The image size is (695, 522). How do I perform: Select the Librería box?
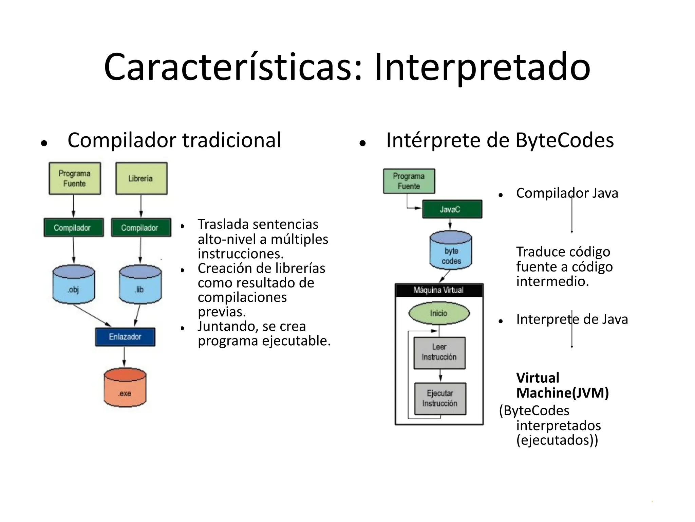pyautogui.click(x=141, y=178)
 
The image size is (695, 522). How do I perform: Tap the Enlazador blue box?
pyautogui.click(x=125, y=337)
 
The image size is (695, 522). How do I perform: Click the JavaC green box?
pyautogui.click(x=452, y=209)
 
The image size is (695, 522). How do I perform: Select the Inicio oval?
pyautogui.click(x=439, y=313)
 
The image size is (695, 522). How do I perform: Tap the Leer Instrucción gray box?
pyautogui.click(x=439, y=353)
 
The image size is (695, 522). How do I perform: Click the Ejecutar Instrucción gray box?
pyautogui.click(x=440, y=399)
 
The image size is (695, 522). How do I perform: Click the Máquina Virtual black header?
pyautogui.click(x=439, y=290)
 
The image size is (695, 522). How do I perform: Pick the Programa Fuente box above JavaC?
pyautogui.click(x=409, y=181)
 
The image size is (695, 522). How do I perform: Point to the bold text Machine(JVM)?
pyautogui.click(x=562, y=393)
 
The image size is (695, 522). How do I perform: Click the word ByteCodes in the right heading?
pyautogui.click(x=564, y=140)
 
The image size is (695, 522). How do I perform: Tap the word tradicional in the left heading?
pyautogui.click(x=231, y=140)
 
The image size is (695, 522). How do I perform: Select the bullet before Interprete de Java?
pyautogui.click(x=500, y=321)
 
